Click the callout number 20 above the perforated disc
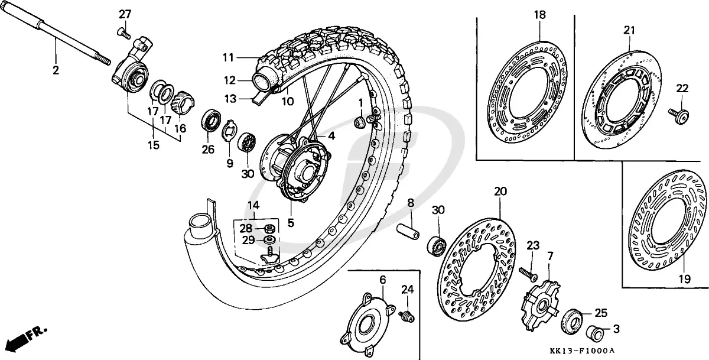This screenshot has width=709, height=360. (500, 191)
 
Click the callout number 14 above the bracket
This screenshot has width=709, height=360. (253, 206)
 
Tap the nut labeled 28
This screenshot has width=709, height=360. (268, 228)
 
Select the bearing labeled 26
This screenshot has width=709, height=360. (210, 121)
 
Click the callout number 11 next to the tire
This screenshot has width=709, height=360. (229, 57)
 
